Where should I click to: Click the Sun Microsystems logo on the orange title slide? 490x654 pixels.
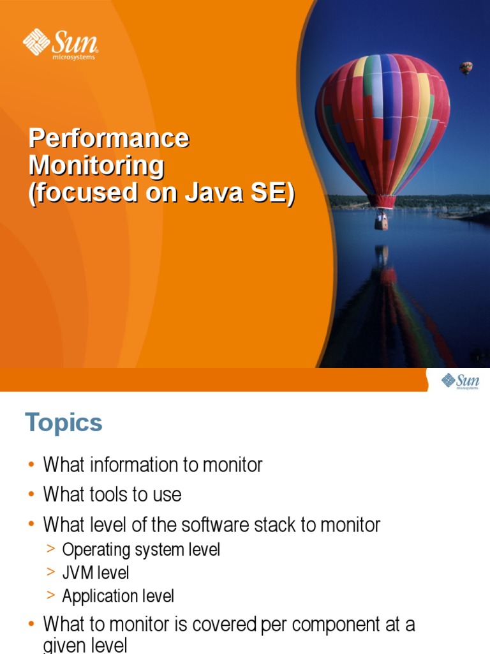click(61, 44)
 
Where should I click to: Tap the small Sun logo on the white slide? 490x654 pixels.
click(460, 381)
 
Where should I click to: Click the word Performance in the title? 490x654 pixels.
click(108, 138)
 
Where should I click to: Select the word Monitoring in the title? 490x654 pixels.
click(96, 166)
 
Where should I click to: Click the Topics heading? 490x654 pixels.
click(64, 423)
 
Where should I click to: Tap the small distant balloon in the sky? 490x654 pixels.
click(466, 68)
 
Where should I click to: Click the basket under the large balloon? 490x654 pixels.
click(381, 221)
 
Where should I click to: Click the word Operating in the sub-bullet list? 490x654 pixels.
click(96, 550)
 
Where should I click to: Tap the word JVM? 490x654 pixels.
click(78, 573)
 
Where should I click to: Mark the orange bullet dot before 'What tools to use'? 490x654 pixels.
click(31, 495)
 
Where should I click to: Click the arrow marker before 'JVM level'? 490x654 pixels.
click(51, 572)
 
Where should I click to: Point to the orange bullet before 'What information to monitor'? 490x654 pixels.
click(31, 465)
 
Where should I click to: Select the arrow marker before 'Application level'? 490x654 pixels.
click(51, 595)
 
